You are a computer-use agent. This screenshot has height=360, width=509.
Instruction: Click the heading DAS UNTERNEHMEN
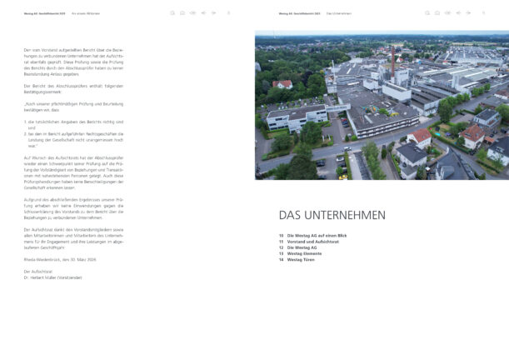point(332,215)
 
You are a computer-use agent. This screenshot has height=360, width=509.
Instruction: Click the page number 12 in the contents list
point(282,247)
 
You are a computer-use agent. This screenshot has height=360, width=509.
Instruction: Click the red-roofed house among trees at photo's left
point(282,84)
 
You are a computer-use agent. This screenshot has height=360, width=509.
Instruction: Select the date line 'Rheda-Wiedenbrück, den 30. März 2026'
point(61,260)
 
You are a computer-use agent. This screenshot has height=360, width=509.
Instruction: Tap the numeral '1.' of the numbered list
point(26,121)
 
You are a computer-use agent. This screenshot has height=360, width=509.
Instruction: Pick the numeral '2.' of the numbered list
point(26,132)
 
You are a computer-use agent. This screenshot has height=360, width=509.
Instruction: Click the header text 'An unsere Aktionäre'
point(86,13)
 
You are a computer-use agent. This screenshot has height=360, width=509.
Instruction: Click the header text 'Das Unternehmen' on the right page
point(340,13)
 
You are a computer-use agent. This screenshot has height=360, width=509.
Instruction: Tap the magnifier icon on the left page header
point(172,13)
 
